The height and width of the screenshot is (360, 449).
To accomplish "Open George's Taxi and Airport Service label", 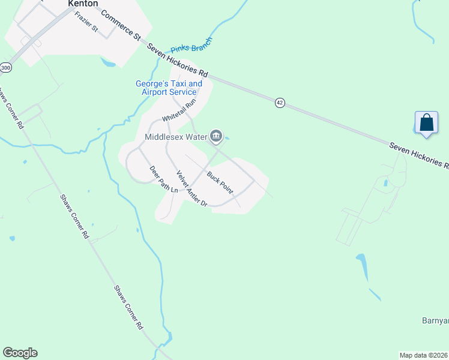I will point(169,88).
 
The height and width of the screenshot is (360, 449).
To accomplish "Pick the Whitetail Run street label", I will point(179,111).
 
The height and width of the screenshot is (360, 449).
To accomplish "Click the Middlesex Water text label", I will point(175,137).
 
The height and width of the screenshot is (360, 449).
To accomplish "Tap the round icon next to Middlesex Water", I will point(216,137).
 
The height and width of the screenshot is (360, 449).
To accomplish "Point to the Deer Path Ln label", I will point(164,179).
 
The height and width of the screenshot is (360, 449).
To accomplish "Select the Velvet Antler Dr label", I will point(191,188).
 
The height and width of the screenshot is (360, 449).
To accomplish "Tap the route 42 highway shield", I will point(280,103).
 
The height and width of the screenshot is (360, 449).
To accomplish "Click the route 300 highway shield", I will point(5,68).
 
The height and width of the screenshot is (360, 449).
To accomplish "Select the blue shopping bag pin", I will point(426,122).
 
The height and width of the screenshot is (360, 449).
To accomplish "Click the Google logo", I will point(20,353).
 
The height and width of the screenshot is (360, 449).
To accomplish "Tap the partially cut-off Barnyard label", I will point(435,321).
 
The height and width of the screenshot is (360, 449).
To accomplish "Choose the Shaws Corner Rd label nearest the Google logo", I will point(129,307).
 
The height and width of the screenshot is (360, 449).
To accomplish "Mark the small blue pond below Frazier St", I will point(109,62).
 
